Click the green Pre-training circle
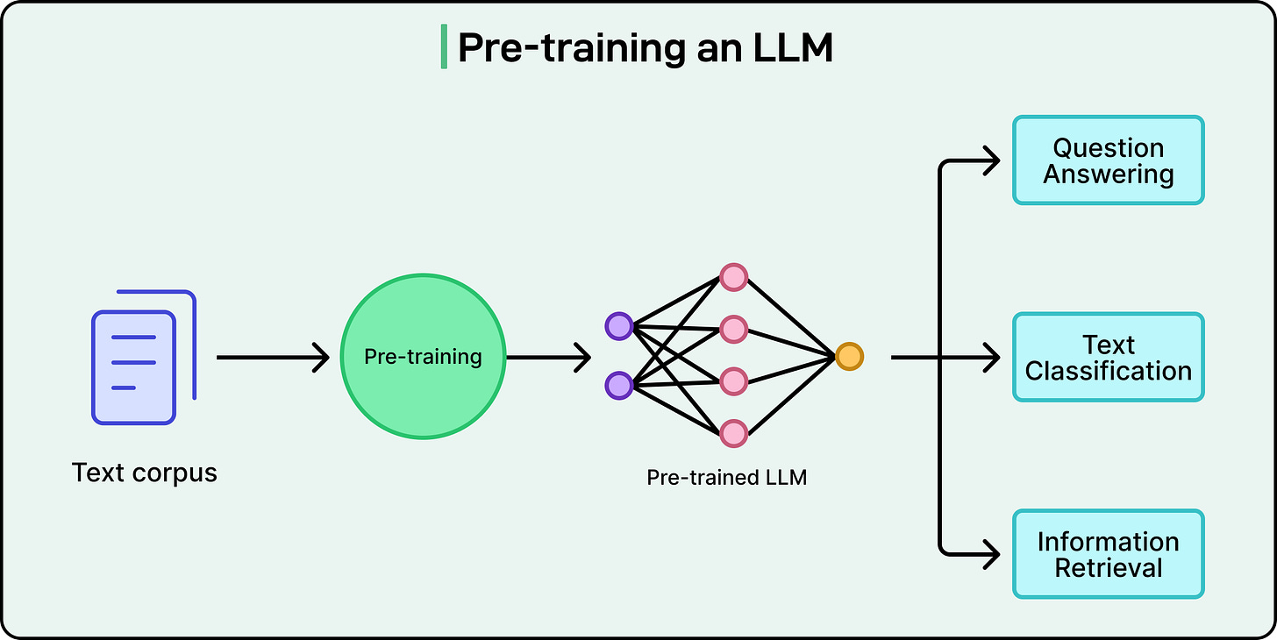coord(423,357)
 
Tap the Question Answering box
coord(1109,160)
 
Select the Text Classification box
coord(1109,358)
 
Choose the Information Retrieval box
coord(1109,554)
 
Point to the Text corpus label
coord(144,473)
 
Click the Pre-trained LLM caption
coord(726,478)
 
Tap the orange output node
coord(849,357)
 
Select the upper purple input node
coord(618,326)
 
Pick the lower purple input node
coord(618,386)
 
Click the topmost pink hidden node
coord(734,278)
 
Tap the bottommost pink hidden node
coord(734,434)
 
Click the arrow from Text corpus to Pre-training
coord(273,358)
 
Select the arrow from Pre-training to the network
coord(548,358)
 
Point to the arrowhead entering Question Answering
coord(992,160)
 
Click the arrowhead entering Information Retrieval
coord(992,554)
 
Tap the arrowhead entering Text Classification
coord(992,358)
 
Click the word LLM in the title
coord(793,48)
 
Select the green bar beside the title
coord(444,46)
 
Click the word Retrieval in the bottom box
coord(1109,568)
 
